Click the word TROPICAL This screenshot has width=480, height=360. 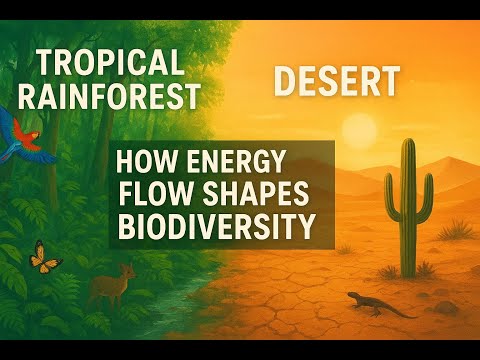coord(110,63)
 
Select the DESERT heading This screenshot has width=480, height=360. coord(336,82)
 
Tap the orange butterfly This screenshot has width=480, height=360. coord(45,257)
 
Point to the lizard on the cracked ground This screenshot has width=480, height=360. coord(375,302)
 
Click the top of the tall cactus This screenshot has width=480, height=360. coord(407,145)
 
